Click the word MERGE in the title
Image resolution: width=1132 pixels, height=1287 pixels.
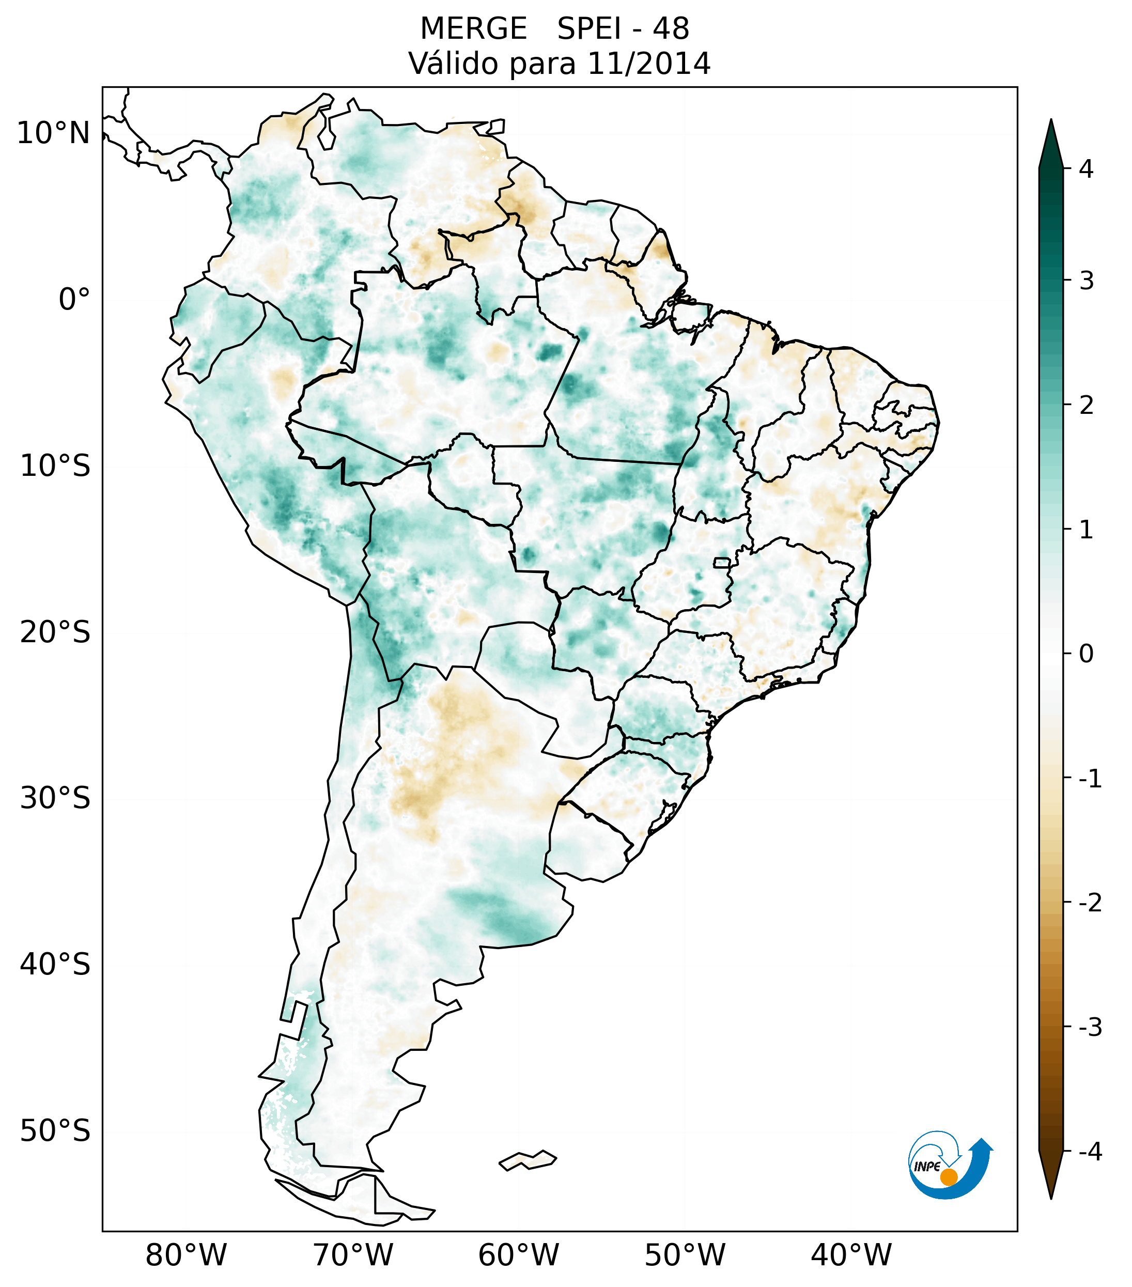coord(473,29)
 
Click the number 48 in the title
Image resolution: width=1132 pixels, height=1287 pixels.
coord(671,29)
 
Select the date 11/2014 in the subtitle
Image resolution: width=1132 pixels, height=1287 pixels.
coord(648,64)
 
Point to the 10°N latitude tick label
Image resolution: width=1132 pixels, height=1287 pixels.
coord(54,133)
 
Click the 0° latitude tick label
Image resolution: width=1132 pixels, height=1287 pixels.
coord(74,300)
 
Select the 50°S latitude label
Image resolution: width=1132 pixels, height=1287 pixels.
coord(55,1131)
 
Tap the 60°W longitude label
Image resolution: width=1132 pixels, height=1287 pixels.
coord(518,1255)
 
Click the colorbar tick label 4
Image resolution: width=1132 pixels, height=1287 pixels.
coord(1086,169)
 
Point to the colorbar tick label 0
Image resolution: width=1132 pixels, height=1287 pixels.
coord(1086,654)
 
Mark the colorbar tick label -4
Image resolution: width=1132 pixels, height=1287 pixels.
coord(1090,1152)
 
